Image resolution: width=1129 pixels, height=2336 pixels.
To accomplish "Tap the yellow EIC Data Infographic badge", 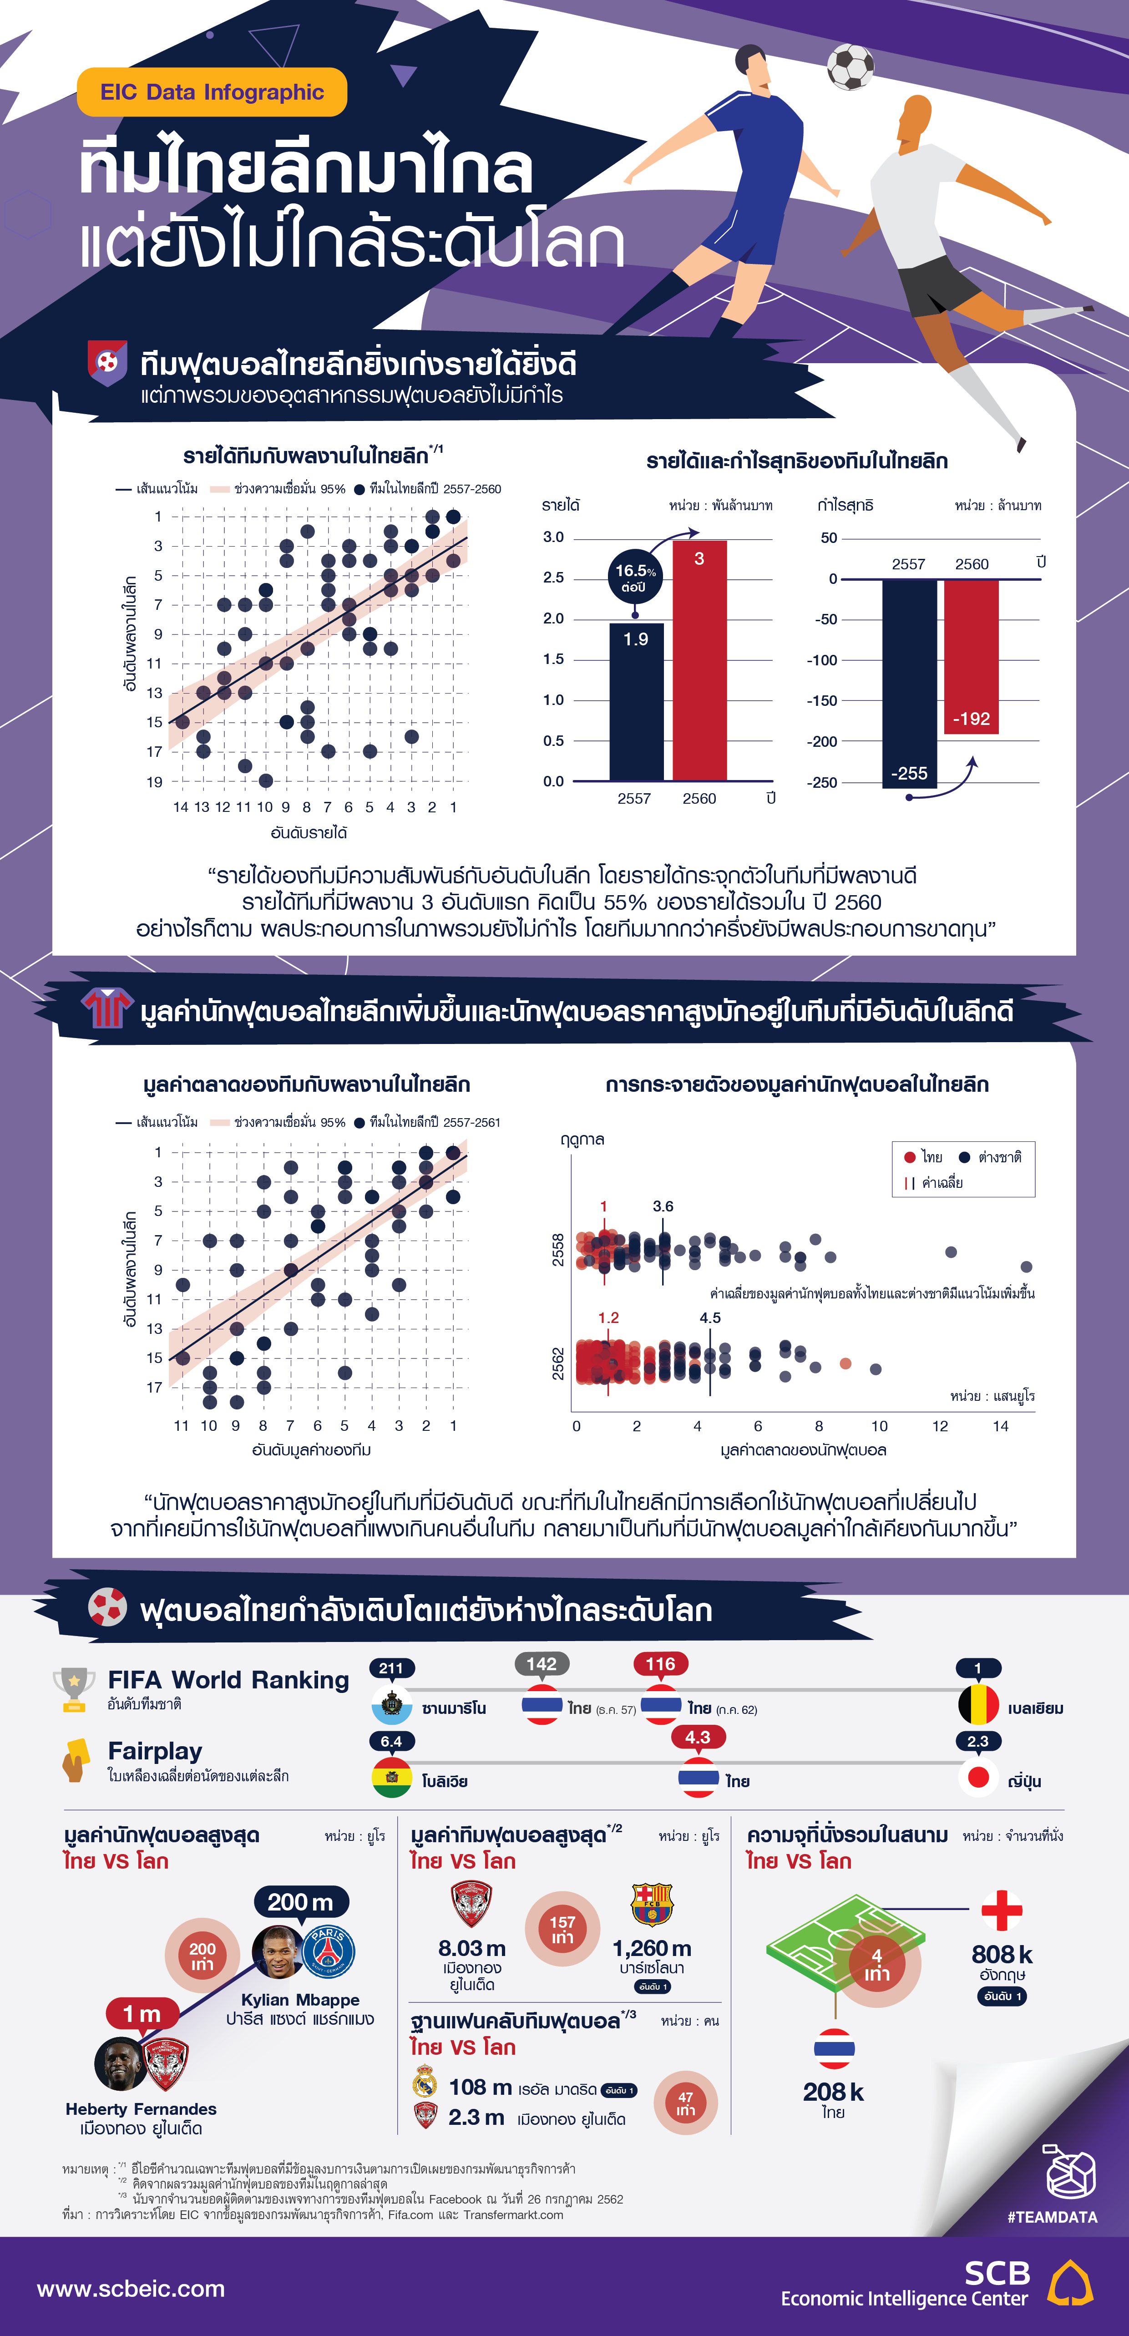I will (212, 92).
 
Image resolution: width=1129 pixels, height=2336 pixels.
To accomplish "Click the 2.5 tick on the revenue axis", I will (553, 578).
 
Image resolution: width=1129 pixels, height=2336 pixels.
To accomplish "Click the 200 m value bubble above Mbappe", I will (300, 1902).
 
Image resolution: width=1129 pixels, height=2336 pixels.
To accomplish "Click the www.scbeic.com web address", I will (131, 2289).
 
